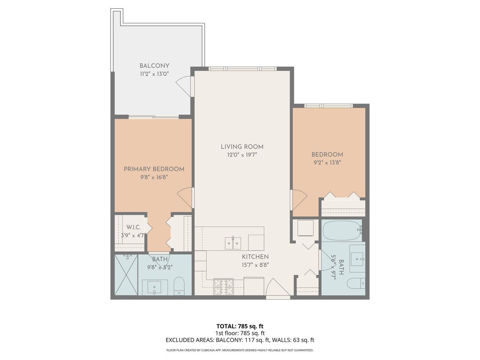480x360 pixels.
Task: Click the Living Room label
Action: (242, 147)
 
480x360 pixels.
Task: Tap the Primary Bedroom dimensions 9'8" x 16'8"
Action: (154, 177)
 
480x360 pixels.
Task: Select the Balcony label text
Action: (154, 66)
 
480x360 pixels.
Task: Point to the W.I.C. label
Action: (133, 227)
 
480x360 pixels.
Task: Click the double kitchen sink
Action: (233, 243)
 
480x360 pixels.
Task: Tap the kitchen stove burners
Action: (223, 286)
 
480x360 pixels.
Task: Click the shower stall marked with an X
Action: (126, 274)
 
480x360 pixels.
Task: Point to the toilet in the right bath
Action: (356, 283)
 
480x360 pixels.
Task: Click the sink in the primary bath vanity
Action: (154, 287)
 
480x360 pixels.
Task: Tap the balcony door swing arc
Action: (183, 85)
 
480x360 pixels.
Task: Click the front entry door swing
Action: (278, 287)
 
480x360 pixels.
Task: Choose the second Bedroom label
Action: (327, 154)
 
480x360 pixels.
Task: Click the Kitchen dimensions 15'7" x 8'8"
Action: (255, 265)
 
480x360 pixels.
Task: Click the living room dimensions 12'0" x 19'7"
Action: (242, 155)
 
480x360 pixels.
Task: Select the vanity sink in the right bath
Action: (357, 259)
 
